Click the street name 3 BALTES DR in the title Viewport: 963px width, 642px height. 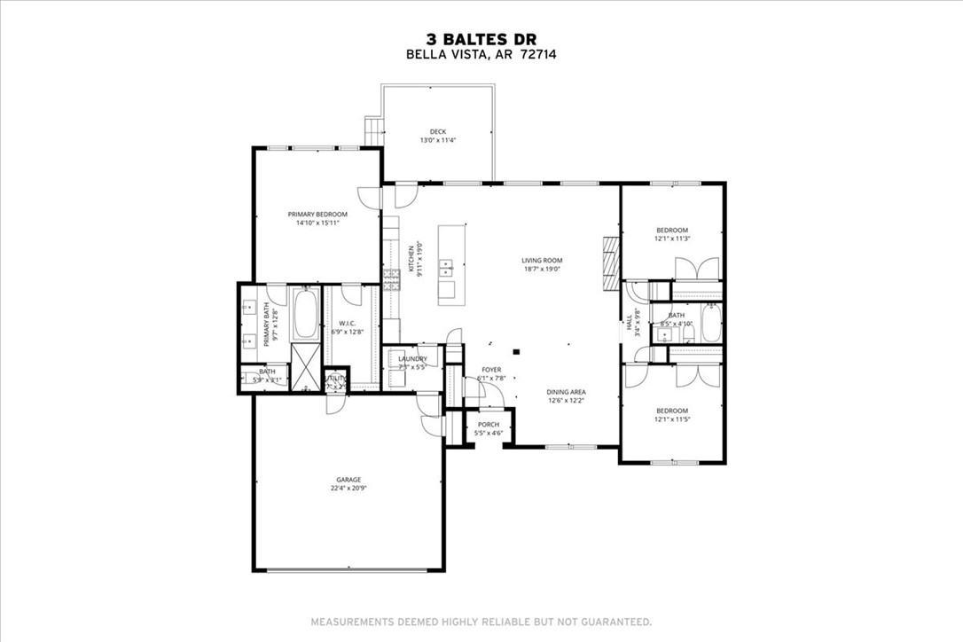(481, 38)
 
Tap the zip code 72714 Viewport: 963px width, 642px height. (538, 54)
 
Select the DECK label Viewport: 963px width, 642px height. (438, 131)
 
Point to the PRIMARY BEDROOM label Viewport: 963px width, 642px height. (317, 214)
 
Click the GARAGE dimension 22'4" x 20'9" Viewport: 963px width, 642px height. (348, 489)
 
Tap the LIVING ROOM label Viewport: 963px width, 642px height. (542, 261)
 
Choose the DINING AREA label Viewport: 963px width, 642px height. (567, 391)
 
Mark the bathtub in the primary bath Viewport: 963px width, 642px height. (305, 315)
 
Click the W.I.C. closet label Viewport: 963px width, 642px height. (348, 323)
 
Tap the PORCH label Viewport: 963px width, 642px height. (489, 424)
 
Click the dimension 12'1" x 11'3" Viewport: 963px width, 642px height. (672, 239)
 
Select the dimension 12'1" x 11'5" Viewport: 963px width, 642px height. (672, 419)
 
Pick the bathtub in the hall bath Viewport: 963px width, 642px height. (711, 324)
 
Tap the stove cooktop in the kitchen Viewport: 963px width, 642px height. (391, 278)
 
